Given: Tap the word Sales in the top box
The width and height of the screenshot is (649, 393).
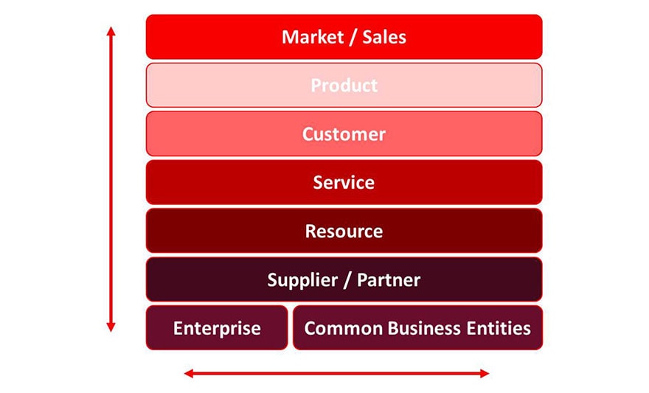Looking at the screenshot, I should click(384, 37).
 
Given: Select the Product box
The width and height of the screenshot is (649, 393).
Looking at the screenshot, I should click(344, 86).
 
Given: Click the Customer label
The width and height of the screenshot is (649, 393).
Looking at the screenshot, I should click(344, 134).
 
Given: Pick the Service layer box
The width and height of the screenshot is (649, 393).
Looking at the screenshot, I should click(344, 182).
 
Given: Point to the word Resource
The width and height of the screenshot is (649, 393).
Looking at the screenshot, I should click(344, 232).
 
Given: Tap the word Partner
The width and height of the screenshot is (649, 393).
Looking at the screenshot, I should click(389, 280).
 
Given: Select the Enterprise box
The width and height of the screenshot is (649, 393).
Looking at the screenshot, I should click(217, 328).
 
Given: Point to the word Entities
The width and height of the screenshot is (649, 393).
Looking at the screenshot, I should click(496, 328).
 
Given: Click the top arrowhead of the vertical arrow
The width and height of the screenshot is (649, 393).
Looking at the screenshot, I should click(111, 32).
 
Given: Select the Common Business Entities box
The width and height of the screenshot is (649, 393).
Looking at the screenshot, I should click(417, 328).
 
